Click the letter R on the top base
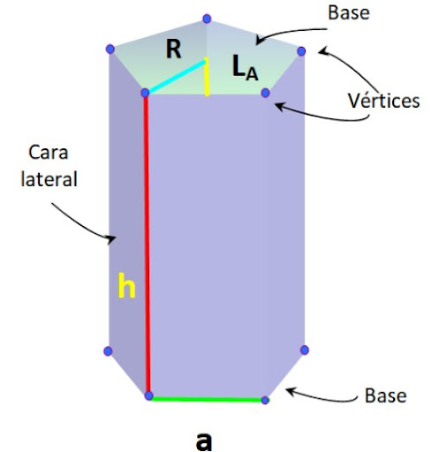tap(173, 49)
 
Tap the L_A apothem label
tap(246, 68)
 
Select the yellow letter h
tap(126, 285)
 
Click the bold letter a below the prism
tap(204, 441)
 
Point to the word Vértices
tap(383, 101)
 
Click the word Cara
tap(49, 153)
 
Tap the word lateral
tap(49, 179)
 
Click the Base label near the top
tap(349, 13)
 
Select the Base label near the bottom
tap(385, 395)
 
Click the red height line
tap(147, 245)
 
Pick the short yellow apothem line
tap(207, 77)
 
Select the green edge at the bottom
tap(207, 399)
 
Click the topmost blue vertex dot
tap(207, 19)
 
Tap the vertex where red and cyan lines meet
tap(145, 93)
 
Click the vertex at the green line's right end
tap(265, 400)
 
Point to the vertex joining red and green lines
tap(149, 395)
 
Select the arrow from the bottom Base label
tap(321, 397)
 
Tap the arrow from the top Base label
tap(290, 32)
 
